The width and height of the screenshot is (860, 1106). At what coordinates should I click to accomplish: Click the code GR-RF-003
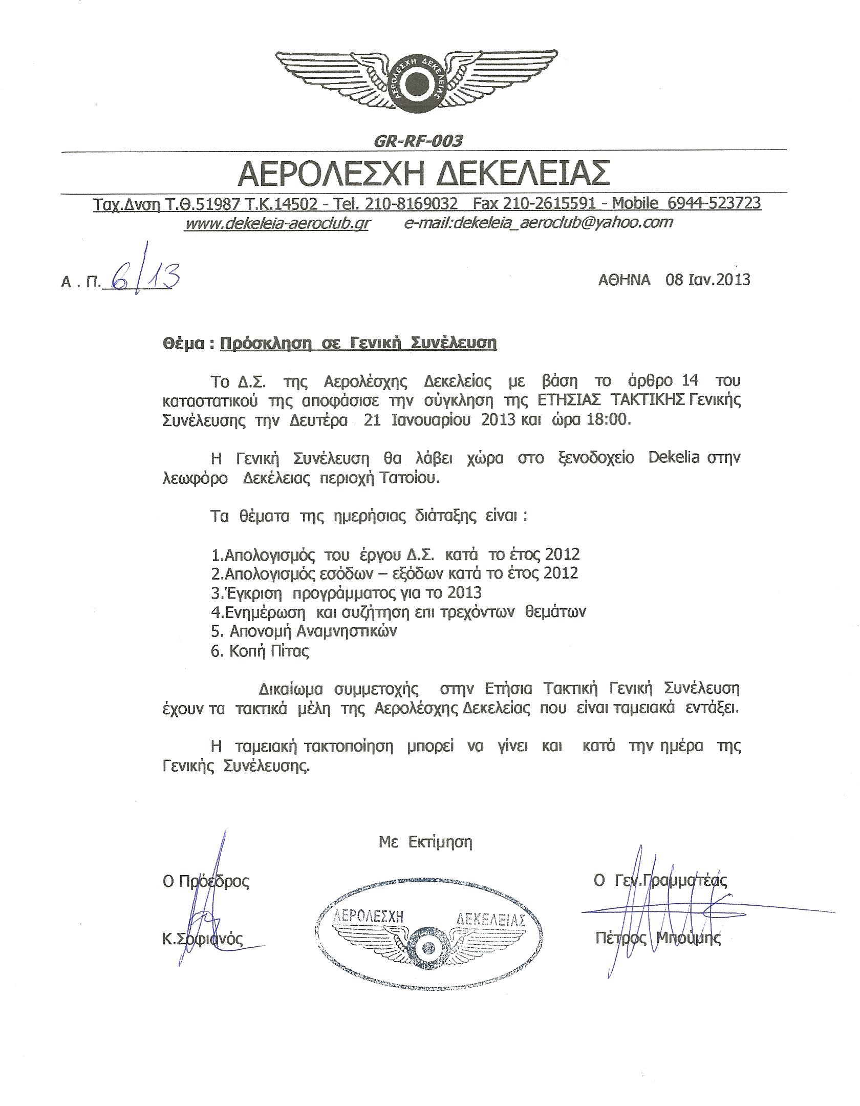point(418,141)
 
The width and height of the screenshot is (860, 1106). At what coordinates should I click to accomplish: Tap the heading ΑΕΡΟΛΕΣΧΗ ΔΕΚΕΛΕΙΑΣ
point(424,174)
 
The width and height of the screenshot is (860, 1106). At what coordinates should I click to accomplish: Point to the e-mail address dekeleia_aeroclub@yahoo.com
point(537,222)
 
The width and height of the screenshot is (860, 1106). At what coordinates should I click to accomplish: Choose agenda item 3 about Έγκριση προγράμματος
point(347,592)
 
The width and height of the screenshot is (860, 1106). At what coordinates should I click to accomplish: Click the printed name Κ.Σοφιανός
point(202,938)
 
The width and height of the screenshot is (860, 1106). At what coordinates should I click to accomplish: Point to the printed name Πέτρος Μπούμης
point(658,938)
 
